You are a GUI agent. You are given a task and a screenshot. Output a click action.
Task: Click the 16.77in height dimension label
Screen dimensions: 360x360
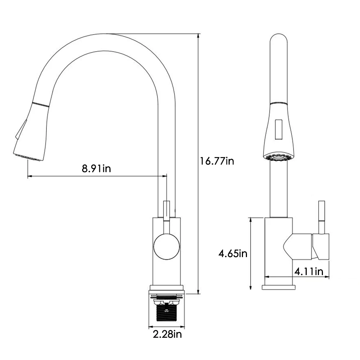pos(217,161)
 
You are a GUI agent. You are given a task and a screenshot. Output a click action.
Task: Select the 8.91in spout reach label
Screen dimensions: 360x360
pos(96,168)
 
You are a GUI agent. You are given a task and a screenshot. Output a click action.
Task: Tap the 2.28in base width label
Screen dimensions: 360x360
pos(167,335)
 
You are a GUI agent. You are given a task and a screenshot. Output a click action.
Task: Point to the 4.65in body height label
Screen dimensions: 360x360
pos(233,253)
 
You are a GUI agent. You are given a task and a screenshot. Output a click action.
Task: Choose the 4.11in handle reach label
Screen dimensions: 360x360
pos(309,271)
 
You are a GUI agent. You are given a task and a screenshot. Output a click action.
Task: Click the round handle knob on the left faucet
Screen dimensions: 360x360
pos(166,246)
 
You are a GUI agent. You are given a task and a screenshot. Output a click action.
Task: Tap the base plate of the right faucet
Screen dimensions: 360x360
pos(279,287)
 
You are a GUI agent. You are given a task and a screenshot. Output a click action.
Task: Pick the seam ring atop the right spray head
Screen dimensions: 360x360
pos(279,103)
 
